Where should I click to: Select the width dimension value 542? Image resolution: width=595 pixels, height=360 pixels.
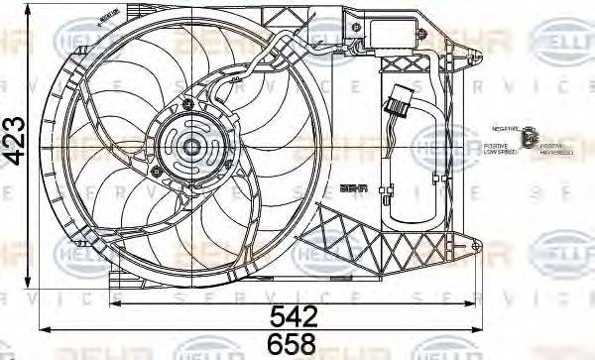click(x=295, y=316)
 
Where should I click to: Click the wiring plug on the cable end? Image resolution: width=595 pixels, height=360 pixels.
click(x=403, y=101)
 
